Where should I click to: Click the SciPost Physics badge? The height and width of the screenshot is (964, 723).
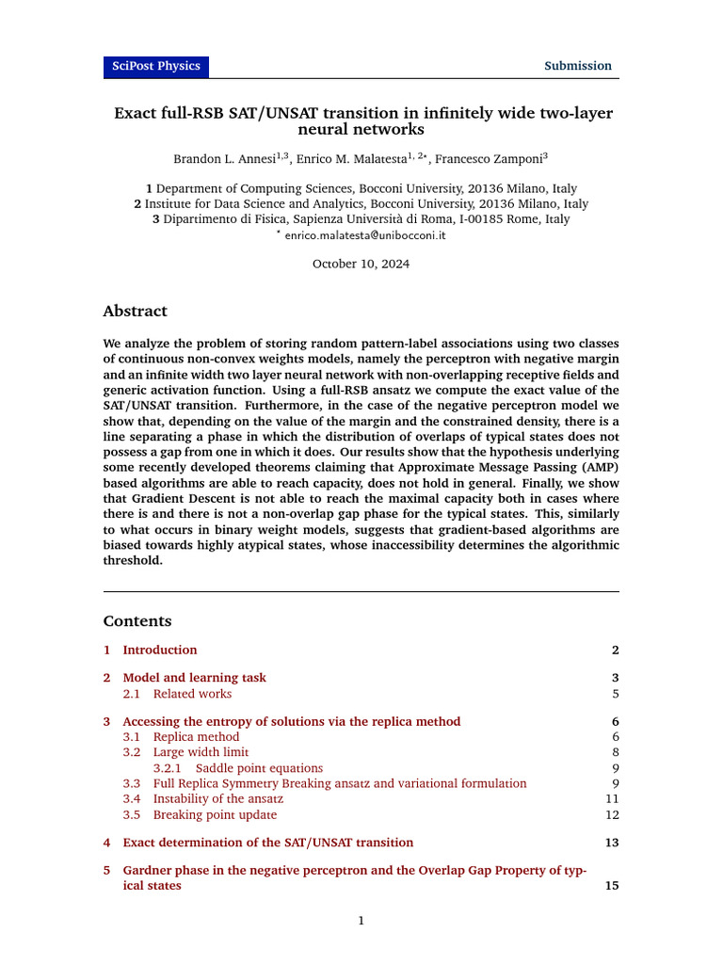tap(156, 66)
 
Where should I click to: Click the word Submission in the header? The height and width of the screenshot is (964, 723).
tap(578, 66)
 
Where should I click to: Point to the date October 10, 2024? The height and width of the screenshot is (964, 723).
tap(361, 265)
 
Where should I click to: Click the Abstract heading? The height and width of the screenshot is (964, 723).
tap(135, 312)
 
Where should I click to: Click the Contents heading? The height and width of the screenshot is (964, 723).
tap(137, 621)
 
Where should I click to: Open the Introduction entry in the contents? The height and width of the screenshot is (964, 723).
tap(160, 650)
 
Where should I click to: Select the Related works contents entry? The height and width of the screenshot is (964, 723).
tap(192, 694)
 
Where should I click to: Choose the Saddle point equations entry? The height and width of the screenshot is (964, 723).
tap(259, 768)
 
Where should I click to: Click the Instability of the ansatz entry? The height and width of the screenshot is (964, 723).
tap(218, 798)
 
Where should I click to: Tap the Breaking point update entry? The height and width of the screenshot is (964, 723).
tap(215, 814)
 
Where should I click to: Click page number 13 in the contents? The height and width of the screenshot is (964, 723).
tap(611, 843)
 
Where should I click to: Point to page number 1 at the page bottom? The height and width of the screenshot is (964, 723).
tap(361, 921)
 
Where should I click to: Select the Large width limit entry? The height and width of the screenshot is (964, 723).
tap(201, 752)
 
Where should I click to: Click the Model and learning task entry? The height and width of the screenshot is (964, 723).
tap(194, 678)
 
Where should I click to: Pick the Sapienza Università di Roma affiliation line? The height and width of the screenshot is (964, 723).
tap(361, 219)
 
